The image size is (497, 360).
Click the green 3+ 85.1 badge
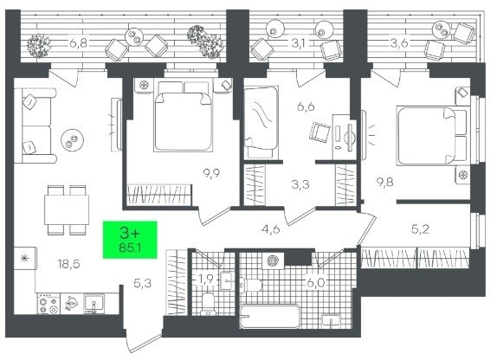click(130, 240)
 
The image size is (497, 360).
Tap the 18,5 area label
click(68, 264)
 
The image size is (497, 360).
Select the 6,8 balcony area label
click(78, 42)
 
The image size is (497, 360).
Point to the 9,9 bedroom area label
click(211, 173)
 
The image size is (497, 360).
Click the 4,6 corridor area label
click(271, 228)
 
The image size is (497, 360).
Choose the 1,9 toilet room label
click(206, 280)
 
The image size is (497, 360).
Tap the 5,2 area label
click(420, 228)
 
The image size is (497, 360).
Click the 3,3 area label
click(300, 184)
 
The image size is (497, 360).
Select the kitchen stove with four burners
click(48, 304)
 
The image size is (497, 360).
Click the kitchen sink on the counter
click(94, 304)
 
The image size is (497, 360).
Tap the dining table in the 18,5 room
click(67, 210)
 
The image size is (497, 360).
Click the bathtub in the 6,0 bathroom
click(270, 316)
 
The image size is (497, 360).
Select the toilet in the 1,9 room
click(209, 305)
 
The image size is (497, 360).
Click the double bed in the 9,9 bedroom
click(184, 116)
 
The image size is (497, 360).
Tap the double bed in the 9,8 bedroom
click(432, 136)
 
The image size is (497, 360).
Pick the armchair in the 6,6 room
click(319, 132)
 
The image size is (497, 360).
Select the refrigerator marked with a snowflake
click(25, 258)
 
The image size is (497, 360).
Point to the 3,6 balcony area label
click(399, 42)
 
